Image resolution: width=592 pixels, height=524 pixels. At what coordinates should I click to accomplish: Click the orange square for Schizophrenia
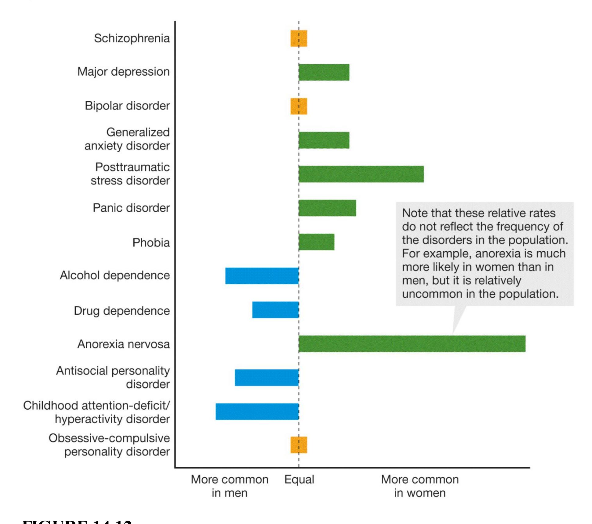pyautogui.click(x=299, y=38)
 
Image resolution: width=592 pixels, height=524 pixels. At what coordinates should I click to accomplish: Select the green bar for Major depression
pyautogui.click(x=324, y=72)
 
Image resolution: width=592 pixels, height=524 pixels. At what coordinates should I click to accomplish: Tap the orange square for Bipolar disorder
pyautogui.click(x=299, y=106)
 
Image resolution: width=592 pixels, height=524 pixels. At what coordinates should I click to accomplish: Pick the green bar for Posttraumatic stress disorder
pyautogui.click(x=361, y=174)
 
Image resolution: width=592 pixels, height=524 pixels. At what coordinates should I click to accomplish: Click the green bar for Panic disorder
pyautogui.click(x=327, y=208)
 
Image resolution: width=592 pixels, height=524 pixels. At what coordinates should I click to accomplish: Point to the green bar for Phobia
pyautogui.click(x=317, y=242)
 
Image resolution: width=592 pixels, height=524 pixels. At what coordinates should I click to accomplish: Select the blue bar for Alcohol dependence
pyautogui.click(x=262, y=276)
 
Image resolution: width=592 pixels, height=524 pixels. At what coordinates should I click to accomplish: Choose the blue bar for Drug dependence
pyautogui.click(x=275, y=310)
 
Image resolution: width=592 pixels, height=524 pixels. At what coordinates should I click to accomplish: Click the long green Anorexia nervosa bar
pyautogui.click(x=412, y=344)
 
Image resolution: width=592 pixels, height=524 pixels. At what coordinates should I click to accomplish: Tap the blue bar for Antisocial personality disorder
pyautogui.click(x=267, y=378)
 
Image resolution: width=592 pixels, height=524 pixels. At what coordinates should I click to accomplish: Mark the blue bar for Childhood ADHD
pyautogui.click(x=257, y=411)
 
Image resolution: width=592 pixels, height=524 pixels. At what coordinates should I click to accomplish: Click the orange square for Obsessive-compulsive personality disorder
pyautogui.click(x=299, y=445)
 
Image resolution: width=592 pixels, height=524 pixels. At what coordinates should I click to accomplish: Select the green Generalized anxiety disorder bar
pyautogui.click(x=324, y=140)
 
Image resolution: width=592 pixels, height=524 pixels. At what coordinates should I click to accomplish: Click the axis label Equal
pyautogui.click(x=299, y=479)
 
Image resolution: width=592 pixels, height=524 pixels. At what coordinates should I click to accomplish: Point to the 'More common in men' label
pyautogui.click(x=230, y=486)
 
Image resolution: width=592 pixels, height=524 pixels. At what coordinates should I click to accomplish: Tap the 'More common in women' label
pyautogui.click(x=420, y=486)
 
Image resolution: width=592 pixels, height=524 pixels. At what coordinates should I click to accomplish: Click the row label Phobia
pyautogui.click(x=151, y=243)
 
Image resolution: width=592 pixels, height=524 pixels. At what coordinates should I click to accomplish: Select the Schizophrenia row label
pyautogui.click(x=132, y=38)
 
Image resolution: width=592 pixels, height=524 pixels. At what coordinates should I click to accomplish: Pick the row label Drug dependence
pyautogui.click(x=122, y=311)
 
